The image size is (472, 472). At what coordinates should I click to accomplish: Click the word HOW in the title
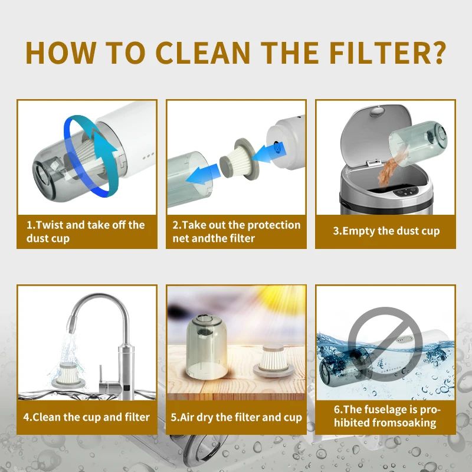tap(61, 53)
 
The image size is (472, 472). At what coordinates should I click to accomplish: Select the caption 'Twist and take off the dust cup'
tap(86, 231)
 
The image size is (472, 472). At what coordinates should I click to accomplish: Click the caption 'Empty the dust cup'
tap(386, 231)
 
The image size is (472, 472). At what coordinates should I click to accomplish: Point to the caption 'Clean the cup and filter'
tap(87, 417)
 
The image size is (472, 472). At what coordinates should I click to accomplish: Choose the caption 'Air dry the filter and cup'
tap(237, 417)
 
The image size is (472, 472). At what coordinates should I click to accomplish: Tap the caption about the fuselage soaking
tap(386, 416)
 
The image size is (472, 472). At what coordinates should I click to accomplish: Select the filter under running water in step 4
tap(67, 375)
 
